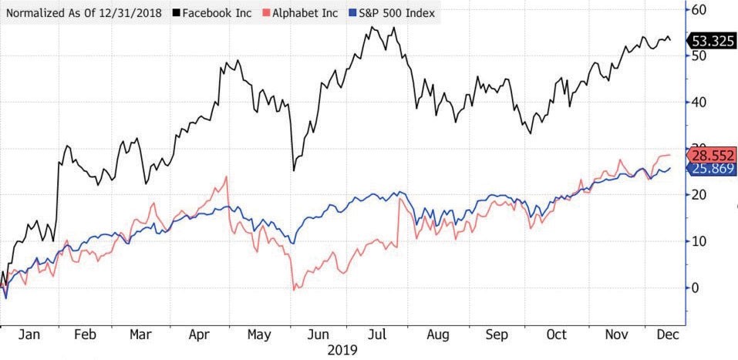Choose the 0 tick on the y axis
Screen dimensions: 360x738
click(696, 288)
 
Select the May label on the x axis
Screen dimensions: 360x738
click(259, 335)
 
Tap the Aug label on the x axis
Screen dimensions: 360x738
click(436, 335)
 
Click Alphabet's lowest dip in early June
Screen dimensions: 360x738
click(294, 289)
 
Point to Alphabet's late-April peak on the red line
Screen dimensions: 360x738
click(227, 177)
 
